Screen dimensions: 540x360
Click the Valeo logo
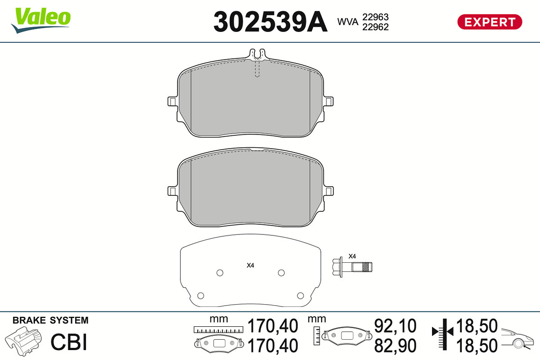pyautogui.click(x=41, y=20)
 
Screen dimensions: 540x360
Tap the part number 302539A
pyautogui.click(x=270, y=22)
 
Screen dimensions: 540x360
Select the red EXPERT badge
pyautogui.click(x=490, y=22)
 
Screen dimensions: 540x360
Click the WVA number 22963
pyautogui.click(x=375, y=17)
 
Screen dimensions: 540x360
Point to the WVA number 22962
pyautogui.click(x=375, y=27)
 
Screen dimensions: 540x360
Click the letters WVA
pyautogui.click(x=347, y=22)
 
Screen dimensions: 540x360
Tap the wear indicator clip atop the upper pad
pyautogui.click(x=257, y=54)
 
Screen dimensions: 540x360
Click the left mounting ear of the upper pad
pyautogui.click(x=173, y=102)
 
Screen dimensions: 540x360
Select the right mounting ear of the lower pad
pyautogui.click(x=329, y=191)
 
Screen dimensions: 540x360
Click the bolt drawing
pyautogui.click(x=352, y=267)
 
